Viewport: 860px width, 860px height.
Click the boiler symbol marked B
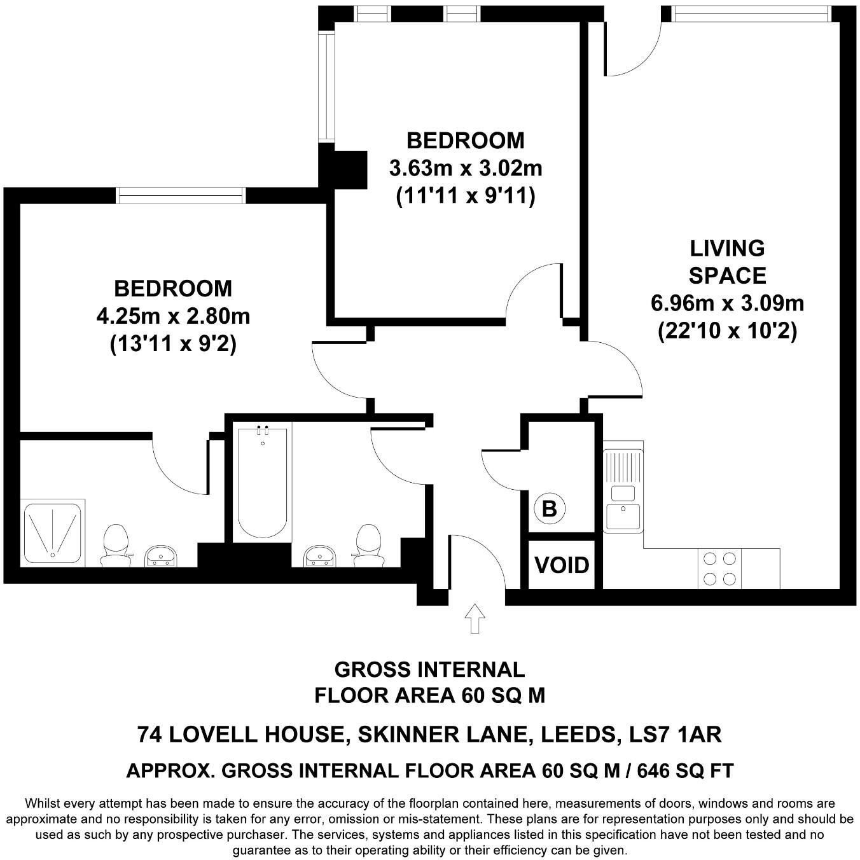click(549, 509)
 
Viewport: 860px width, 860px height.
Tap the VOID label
click(562, 565)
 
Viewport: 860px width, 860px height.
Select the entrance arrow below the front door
click(475, 618)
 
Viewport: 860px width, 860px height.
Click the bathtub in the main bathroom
click(262, 482)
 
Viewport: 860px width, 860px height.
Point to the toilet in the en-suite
click(116, 544)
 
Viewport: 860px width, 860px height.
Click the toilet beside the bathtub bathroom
click(368, 545)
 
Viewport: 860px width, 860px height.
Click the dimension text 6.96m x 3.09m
click(727, 303)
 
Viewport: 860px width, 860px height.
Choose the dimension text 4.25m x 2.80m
click(173, 316)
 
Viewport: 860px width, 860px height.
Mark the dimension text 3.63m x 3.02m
click(466, 169)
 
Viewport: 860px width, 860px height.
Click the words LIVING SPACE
click(727, 261)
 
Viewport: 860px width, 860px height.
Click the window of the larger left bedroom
click(181, 195)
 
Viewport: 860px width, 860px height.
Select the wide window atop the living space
click(751, 13)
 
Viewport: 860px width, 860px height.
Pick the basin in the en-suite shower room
click(161, 556)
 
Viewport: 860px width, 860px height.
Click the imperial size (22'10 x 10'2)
click(727, 331)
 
